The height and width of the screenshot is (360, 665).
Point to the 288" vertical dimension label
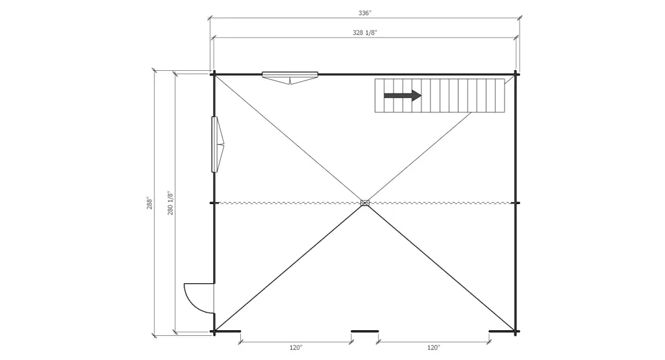(149, 203)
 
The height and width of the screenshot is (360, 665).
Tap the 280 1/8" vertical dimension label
(170, 203)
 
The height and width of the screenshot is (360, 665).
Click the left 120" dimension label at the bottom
(296, 348)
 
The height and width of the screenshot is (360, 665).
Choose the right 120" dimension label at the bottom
(433, 348)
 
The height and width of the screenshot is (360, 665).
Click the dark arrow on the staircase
(403, 96)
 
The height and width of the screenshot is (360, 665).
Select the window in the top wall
(290, 75)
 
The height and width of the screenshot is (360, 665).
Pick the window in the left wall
(216, 144)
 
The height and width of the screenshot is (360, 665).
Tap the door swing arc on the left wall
(195, 298)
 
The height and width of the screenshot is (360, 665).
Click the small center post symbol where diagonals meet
(365, 203)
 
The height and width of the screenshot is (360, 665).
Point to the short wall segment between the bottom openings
(365, 331)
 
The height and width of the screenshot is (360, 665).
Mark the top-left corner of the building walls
(214, 73)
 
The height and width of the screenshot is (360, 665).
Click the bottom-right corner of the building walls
(516, 331)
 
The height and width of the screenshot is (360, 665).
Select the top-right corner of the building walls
(516, 73)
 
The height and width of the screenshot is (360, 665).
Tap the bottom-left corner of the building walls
(214, 331)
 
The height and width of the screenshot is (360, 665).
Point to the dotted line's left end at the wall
(215, 203)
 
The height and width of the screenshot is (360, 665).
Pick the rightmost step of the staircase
(500, 96)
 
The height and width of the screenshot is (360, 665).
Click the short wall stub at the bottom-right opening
(502, 331)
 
